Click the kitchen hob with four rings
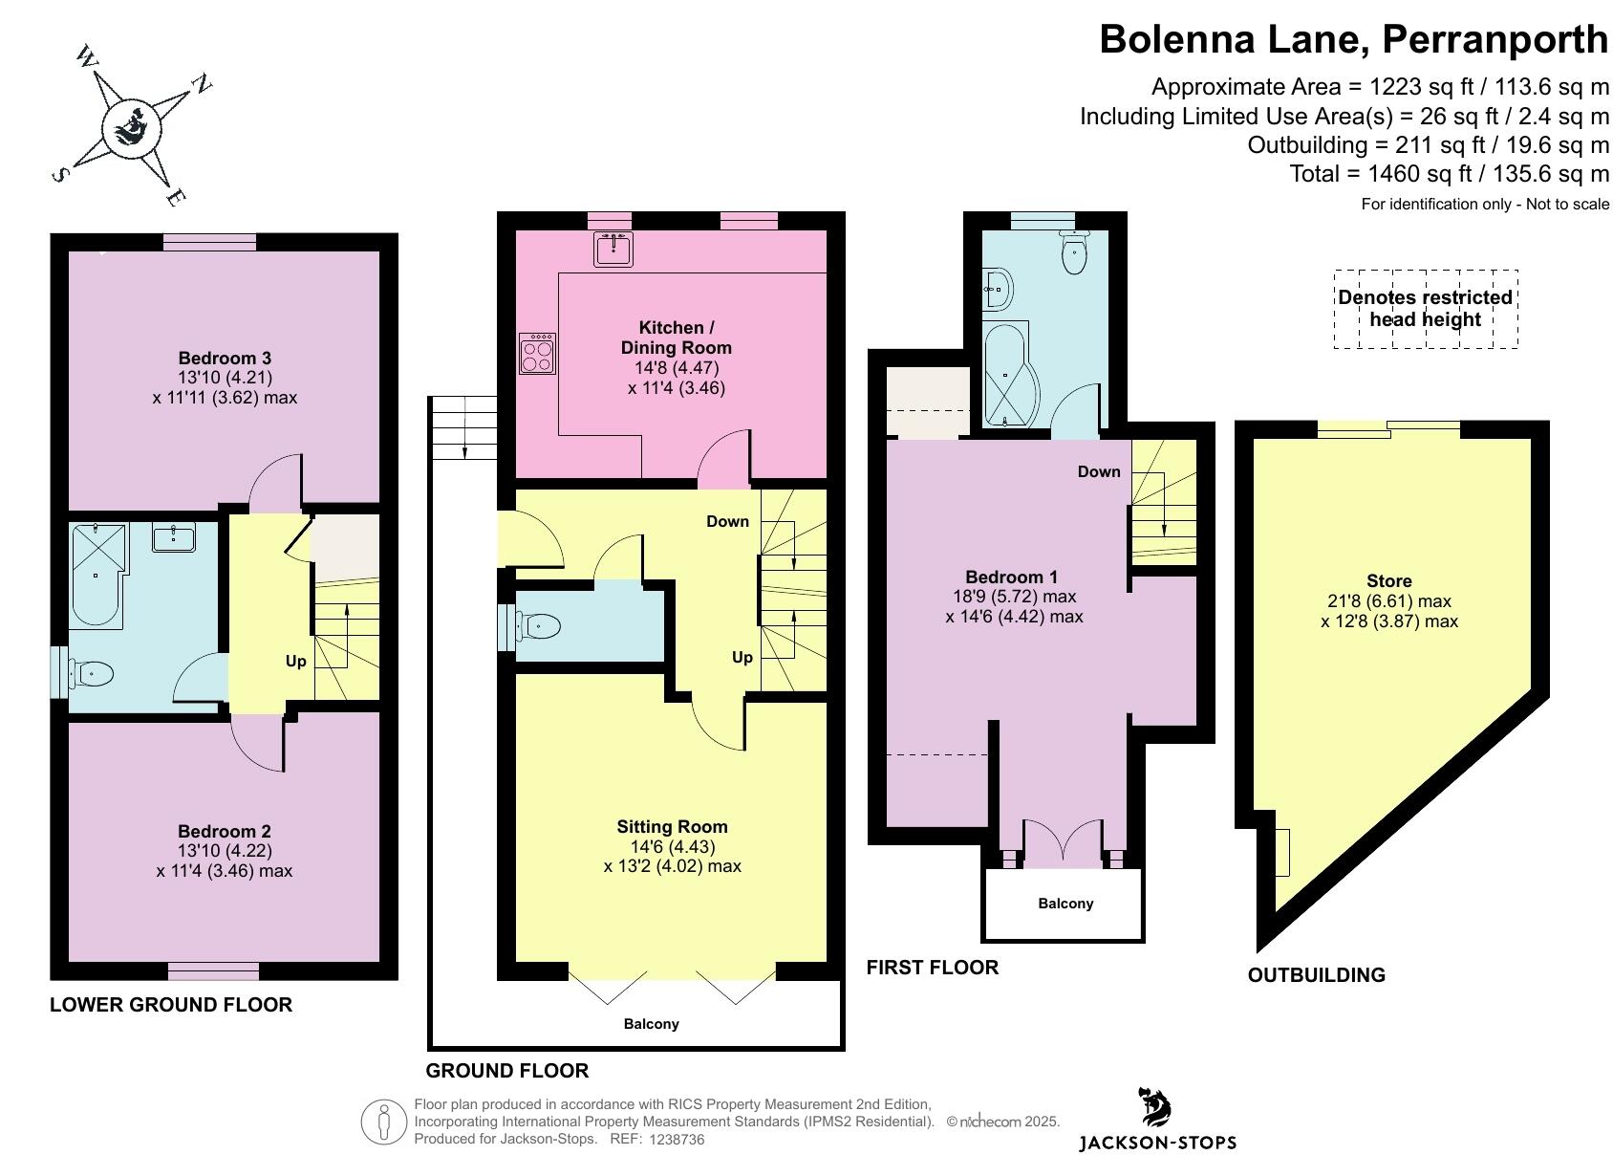537,353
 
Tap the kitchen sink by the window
613,250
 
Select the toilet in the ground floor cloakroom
534,626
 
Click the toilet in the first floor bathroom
1074,252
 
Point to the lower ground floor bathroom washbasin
174,536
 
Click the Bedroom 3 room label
225,359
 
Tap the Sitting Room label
672,826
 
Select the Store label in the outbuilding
1389,580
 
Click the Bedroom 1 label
1011,577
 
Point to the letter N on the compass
202,83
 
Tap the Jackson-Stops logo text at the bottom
1157,1143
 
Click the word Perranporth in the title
1495,39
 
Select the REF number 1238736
677,1139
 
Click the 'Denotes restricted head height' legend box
1426,309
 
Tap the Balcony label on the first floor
1065,904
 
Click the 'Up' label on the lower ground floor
296,662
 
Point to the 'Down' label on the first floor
1099,472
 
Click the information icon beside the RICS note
384,1122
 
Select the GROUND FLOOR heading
507,1071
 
